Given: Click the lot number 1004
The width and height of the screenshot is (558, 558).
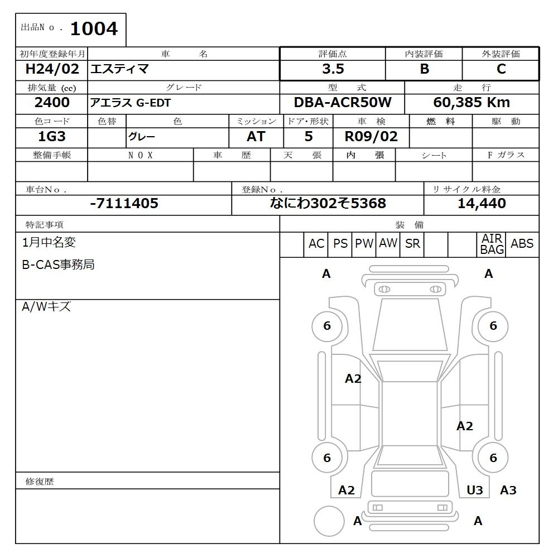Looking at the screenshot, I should tap(94, 29).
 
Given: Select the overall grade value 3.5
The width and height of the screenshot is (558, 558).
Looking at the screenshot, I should tap(333, 69).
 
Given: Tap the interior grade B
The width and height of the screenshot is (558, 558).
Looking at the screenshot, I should tap(424, 69).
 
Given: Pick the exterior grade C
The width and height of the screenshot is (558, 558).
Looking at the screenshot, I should tap(501, 69).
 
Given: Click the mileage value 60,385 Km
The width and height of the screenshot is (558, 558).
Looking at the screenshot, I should tap(472, 103).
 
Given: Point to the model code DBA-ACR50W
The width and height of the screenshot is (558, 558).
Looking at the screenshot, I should tap(343, 103).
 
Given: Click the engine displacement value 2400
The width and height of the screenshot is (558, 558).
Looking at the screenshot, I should tap(52, 103).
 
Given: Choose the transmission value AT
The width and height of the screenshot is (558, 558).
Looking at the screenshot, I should tap(256, 137).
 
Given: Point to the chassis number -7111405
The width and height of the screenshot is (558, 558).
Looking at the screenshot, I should tap(124, 204).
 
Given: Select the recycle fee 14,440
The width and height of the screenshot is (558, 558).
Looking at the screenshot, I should tap(482, 204).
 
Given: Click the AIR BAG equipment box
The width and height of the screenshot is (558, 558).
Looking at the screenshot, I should tap(492, 244).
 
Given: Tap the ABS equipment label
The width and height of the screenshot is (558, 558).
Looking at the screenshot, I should tap(522, 244).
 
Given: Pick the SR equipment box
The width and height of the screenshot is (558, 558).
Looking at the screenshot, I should tap(412, 244).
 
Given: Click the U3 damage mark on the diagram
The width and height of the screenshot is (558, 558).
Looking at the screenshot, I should tap(475, 490).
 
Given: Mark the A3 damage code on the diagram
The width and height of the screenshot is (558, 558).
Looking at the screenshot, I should tap(508, 490).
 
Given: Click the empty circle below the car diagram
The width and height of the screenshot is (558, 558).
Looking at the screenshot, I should tap(329, 521).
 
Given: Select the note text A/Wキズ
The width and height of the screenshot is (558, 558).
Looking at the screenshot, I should tap(46, 307).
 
